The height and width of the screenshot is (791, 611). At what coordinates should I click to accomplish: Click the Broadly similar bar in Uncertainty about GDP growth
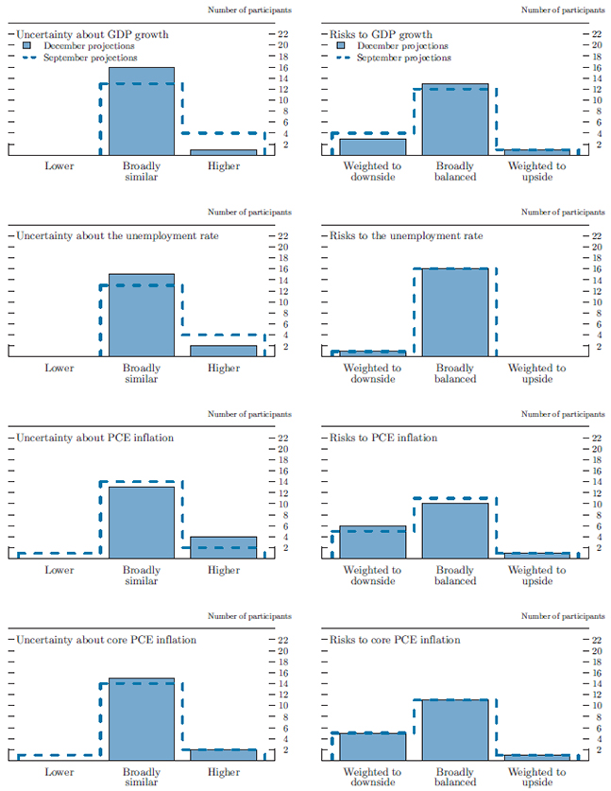click(x=142, y=112)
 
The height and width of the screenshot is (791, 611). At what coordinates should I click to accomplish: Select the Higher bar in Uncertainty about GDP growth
click(x=223, y=151)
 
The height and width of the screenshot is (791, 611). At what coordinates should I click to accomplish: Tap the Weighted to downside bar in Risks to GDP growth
click(x=372, y=146)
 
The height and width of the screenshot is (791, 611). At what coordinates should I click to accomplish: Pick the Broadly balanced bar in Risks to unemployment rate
click(x=454, y=312)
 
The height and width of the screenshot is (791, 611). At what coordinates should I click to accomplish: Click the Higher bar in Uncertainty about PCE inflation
click(x=223, y=547)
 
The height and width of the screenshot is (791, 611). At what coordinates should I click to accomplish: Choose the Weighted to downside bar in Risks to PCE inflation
click(x=372, y=542)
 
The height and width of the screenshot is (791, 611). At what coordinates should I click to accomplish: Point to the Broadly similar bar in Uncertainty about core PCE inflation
click(x=142, y=718)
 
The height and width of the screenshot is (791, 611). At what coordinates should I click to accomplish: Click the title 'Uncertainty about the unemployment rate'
click(x=117, y=235)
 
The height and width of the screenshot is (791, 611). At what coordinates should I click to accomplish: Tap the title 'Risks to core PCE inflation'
click(x=395, y=640)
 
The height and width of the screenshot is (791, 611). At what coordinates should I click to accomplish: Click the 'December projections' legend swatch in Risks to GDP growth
click(x=342, y=45)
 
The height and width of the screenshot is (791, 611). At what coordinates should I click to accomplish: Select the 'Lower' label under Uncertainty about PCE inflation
click(x=59, y=570)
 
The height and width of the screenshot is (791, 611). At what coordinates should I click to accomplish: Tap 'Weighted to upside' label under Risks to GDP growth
click(x=536, y=171)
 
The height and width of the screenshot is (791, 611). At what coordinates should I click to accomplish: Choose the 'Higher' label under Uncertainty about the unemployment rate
click(x=224, y=368)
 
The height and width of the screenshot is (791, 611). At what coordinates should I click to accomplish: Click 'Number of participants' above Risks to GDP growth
click(x=563, y=9)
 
